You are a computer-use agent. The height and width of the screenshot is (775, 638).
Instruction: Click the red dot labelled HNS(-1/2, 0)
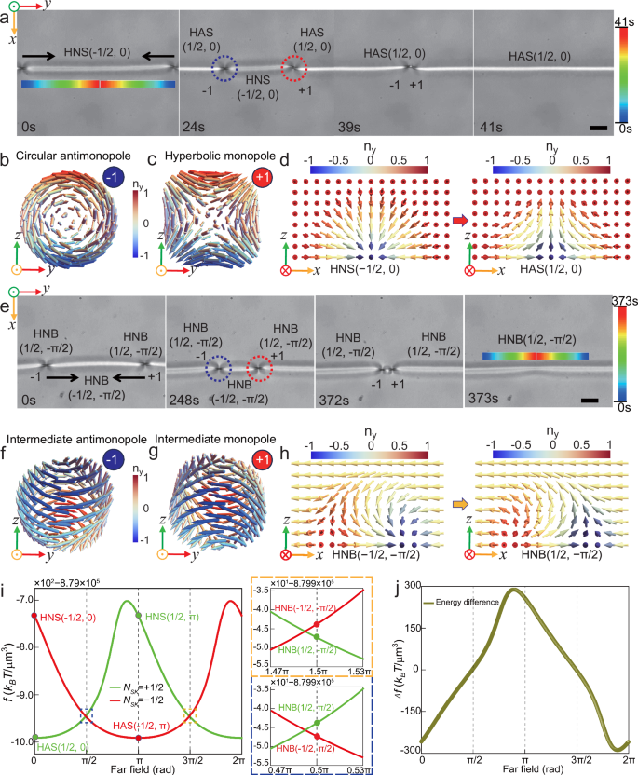(34, 616)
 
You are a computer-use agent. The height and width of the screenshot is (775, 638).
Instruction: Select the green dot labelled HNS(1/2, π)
(139, 615)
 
